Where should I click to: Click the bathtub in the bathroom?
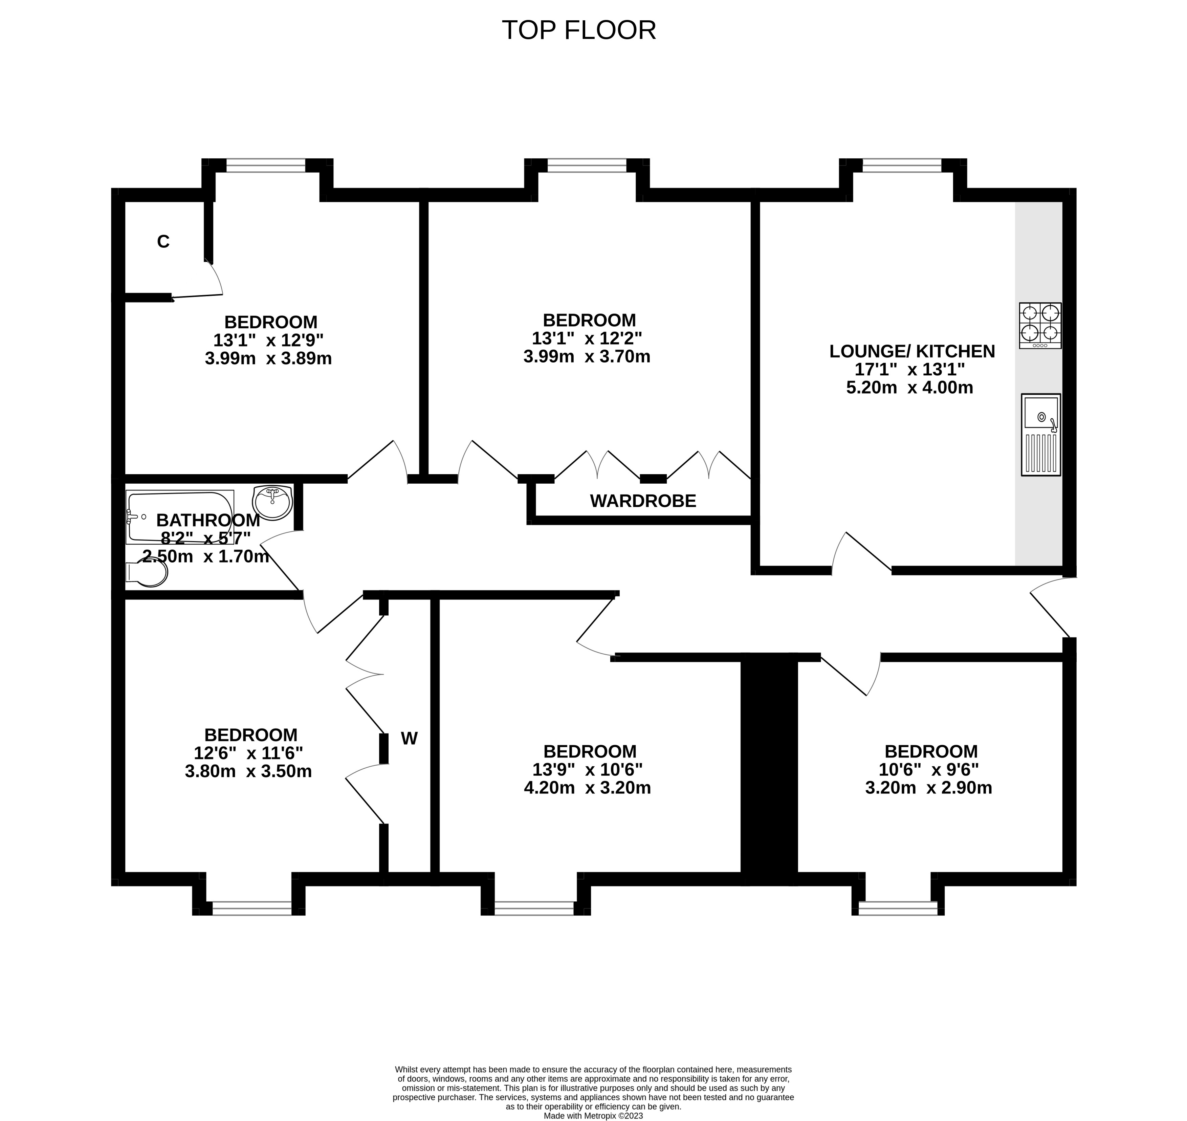[179, 516]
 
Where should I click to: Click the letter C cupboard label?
[163, 241]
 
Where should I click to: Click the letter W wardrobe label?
[409, 739]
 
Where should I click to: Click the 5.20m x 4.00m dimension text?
[909, 388]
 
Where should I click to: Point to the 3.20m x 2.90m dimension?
[928, 788]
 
